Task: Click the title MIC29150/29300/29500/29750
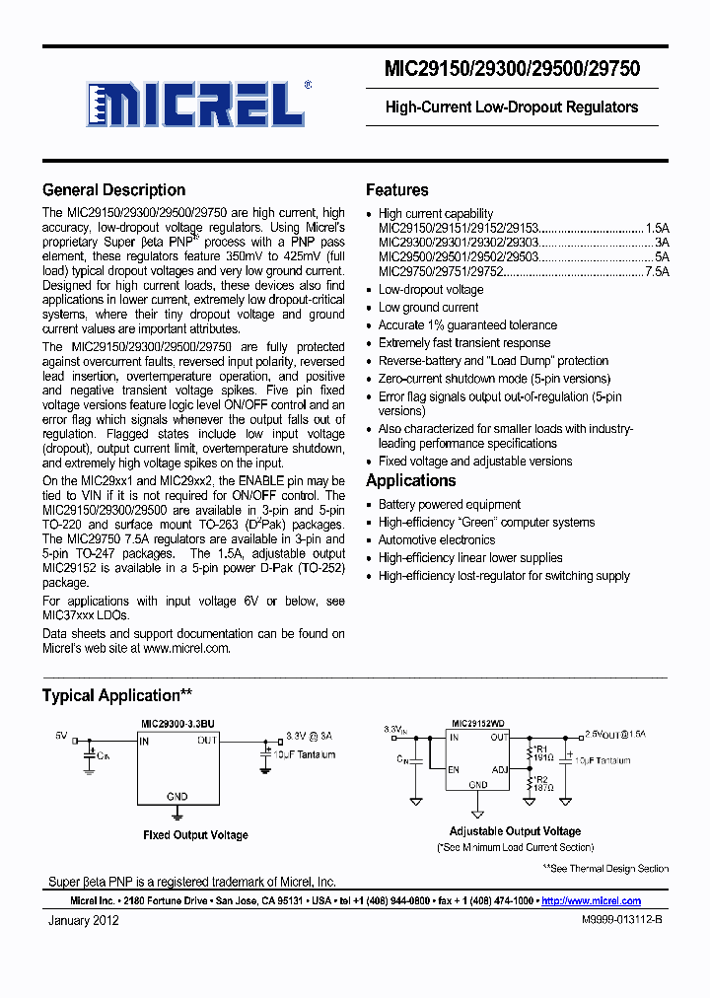[512, 69]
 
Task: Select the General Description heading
[113, 190]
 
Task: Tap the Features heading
[396, 190]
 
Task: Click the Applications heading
[410, 481]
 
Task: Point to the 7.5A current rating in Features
[657, 272]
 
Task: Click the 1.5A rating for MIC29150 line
[657, 227]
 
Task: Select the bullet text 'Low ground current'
[428, 308]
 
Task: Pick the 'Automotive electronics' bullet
[437, 540]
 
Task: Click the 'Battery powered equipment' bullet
[449, 505]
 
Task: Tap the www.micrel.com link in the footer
[591, 901]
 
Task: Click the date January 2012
[84, 921]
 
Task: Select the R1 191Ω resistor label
[542, 754]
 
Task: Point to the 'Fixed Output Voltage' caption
[195, 835]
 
